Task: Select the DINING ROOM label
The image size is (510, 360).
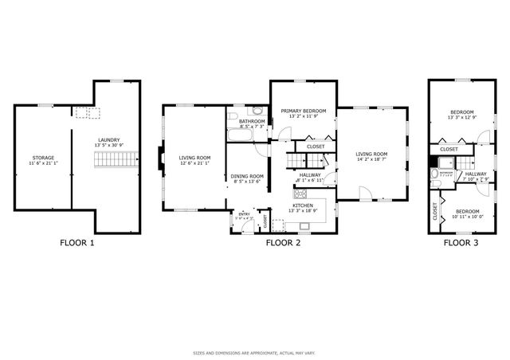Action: [247, 176]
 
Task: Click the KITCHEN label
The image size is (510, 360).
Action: [303, 205]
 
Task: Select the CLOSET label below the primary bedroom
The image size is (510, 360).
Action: [316, 147]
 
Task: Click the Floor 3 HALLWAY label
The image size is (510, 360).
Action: [476, 174]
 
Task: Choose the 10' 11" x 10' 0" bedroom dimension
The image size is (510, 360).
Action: [468, 216]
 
